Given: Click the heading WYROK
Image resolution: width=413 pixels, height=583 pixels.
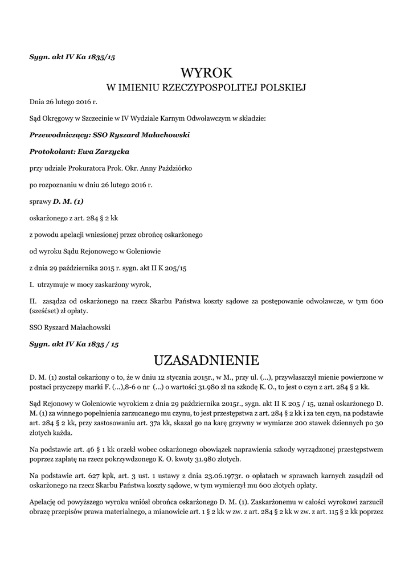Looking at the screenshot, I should (206, 72).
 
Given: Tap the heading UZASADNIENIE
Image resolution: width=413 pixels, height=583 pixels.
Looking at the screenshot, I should (206, 360).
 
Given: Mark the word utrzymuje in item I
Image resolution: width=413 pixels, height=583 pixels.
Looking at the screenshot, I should (59, 284).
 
